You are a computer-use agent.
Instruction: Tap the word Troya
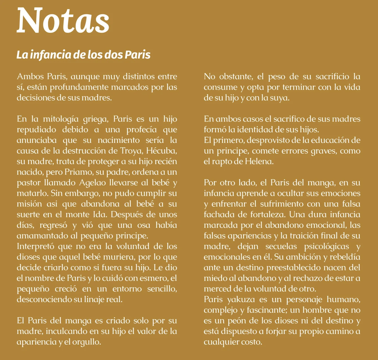132,151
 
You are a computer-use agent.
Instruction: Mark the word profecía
142,130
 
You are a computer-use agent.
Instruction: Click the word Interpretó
35,246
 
